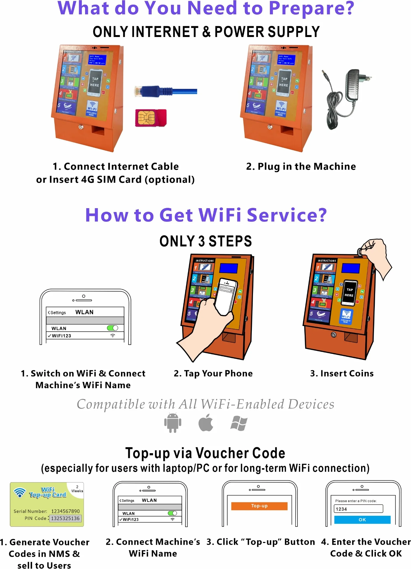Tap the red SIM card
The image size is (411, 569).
point(151,118)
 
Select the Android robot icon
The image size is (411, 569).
point(173,423)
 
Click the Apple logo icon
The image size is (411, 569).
point(206,423)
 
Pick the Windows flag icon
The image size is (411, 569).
point(239,423)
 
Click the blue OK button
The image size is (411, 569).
point(362,520)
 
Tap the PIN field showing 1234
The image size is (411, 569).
point(358,509)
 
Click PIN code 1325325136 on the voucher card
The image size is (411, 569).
point(65,518)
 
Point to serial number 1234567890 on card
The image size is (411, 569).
point(65,511)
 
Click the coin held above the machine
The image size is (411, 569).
point(360,252)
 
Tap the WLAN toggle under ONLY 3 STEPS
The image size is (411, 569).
point(112,328)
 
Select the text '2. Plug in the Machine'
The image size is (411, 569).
point(301,166)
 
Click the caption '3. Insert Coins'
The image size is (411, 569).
point(342,373)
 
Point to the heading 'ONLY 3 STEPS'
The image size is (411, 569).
point(205,241)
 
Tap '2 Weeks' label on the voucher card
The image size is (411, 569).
point(77,489)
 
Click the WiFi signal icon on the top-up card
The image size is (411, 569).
point(20,493)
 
